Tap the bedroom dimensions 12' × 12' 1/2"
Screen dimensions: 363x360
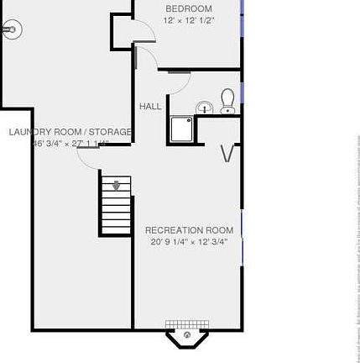[x=189, y=20]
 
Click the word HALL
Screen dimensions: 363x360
[x=150, y=107]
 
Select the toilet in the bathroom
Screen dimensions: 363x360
[x=227, y=101]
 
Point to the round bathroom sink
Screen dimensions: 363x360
[x=205, y=107]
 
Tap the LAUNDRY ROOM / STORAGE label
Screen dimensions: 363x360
[x=70, y=132]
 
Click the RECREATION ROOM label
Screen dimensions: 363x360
[x=189, y=229]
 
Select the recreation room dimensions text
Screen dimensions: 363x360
[x=189, y=242]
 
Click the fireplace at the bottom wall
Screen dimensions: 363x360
[x=186, y=336]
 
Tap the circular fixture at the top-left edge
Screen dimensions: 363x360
[x=10, y=30]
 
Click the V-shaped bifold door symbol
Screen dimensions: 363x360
[x=227, y=153]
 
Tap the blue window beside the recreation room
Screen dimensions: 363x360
[x=242, y=225]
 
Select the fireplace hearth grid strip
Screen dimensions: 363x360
[x=186, y=324]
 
